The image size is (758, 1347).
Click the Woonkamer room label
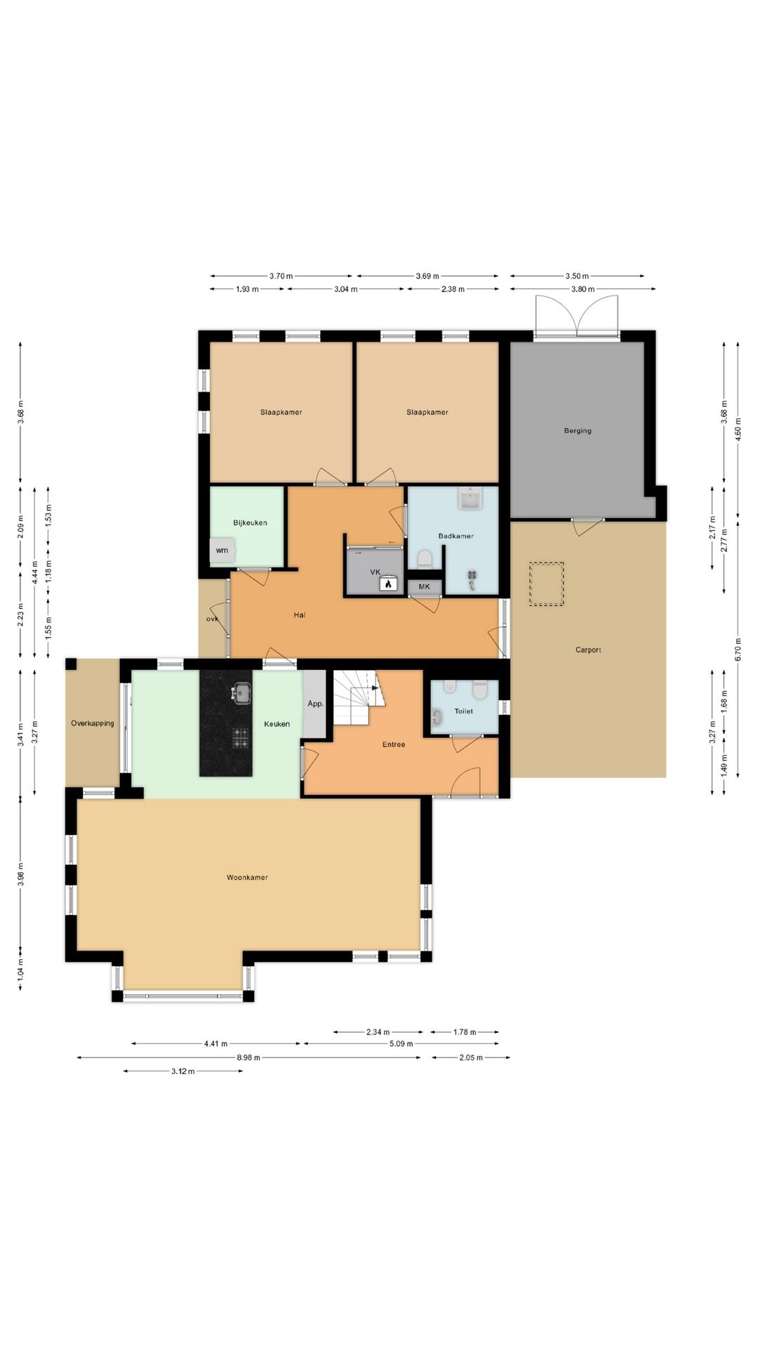(x=247, y=878)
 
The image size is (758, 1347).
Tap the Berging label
(x=578, y=431)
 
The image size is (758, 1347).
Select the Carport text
(x=588, y=650)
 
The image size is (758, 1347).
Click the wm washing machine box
(x=222, y=550)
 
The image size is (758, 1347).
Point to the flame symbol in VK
(x=387, y=583)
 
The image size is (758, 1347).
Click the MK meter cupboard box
(x=425, y=587)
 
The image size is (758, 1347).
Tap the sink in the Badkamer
(x=470, y=499)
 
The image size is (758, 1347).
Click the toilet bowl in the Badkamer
(x=424, y=559)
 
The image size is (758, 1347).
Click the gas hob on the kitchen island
(x=241, y=737)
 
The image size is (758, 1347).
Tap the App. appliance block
(x=315, y=704)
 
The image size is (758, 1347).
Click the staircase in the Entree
(x=355, y=698)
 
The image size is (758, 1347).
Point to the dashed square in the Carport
(x=547, y=584)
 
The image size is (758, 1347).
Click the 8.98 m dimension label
(x=248, y=1057)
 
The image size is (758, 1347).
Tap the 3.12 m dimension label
(x=182, y=1071)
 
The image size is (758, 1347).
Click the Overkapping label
(x=93, y=723)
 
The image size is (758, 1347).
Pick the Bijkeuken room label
(x=250, y=523)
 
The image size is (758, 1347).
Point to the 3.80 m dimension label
(x=583, y=289)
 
